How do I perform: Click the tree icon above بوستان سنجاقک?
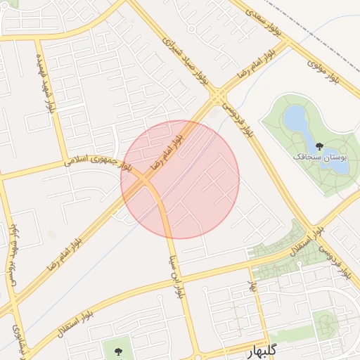[x=320, y=147]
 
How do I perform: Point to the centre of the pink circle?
[x=180, y=179]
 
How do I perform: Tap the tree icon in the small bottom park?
[x=117, y=349]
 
